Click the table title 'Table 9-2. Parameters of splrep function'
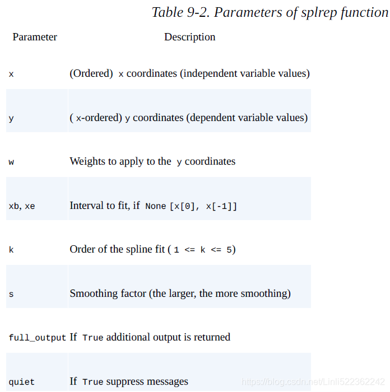(270, 12)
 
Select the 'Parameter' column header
(35, 37)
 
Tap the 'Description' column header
(189, 37)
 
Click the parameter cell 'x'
(11, 74)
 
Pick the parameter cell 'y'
(11, 118)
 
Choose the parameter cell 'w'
(11, 162)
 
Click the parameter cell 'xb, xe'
(22, 206)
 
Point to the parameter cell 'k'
(11, 250)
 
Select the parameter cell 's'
(11, 294)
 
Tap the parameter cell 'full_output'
(37, 338)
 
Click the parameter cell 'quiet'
(21, 382)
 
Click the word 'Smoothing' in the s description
(94, 293)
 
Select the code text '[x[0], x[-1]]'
(203, 206)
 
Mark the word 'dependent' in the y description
(213, 118)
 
